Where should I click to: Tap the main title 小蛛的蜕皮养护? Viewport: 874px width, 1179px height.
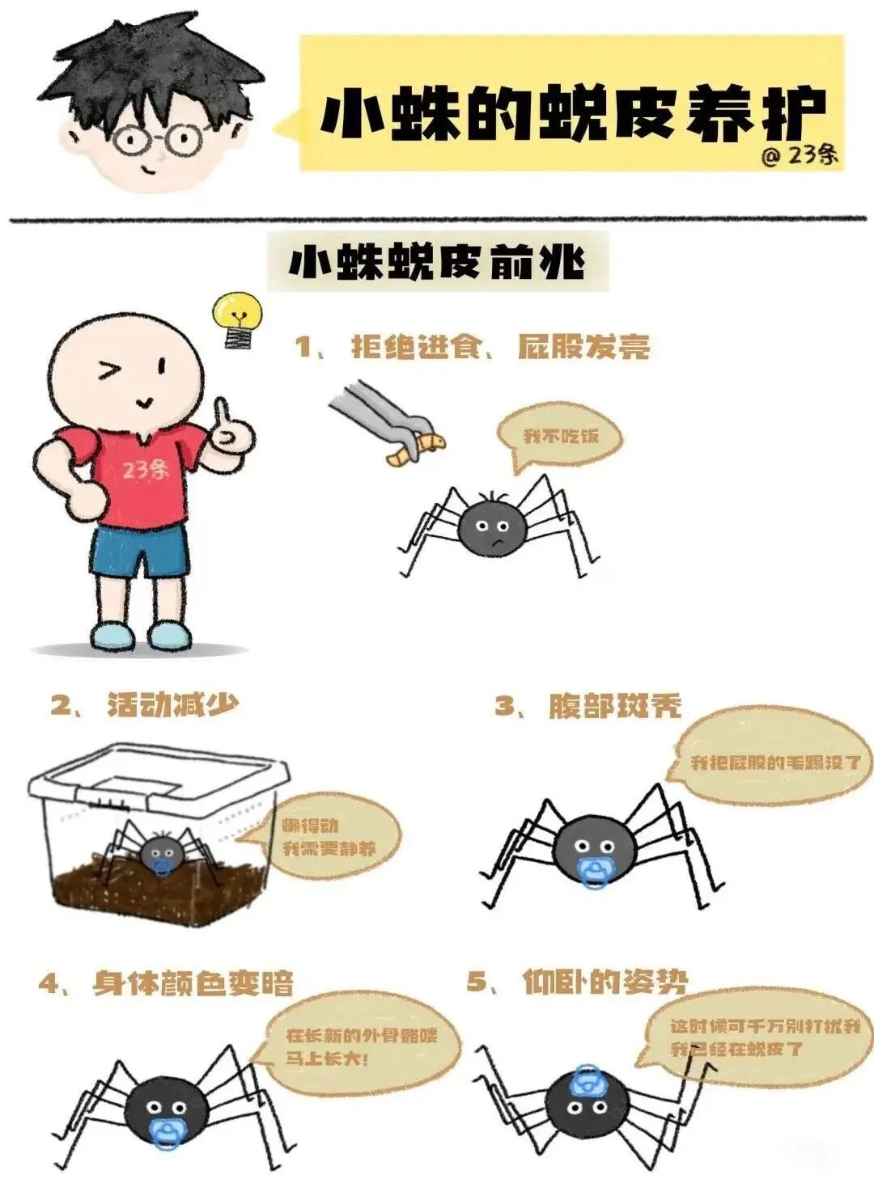(573, 113)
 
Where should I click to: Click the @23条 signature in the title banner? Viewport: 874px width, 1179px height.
(799, 154)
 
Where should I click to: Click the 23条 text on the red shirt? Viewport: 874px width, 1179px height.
(146, 469)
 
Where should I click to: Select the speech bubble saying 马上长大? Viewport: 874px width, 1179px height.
(361, 1046)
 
